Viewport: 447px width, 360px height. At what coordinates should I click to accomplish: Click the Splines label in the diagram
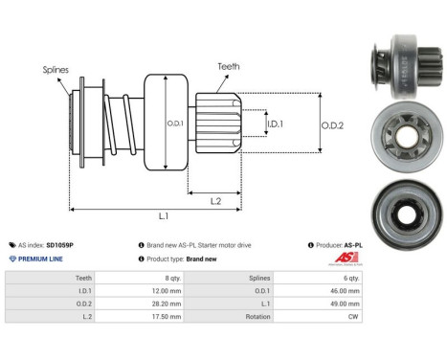[56, 69]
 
